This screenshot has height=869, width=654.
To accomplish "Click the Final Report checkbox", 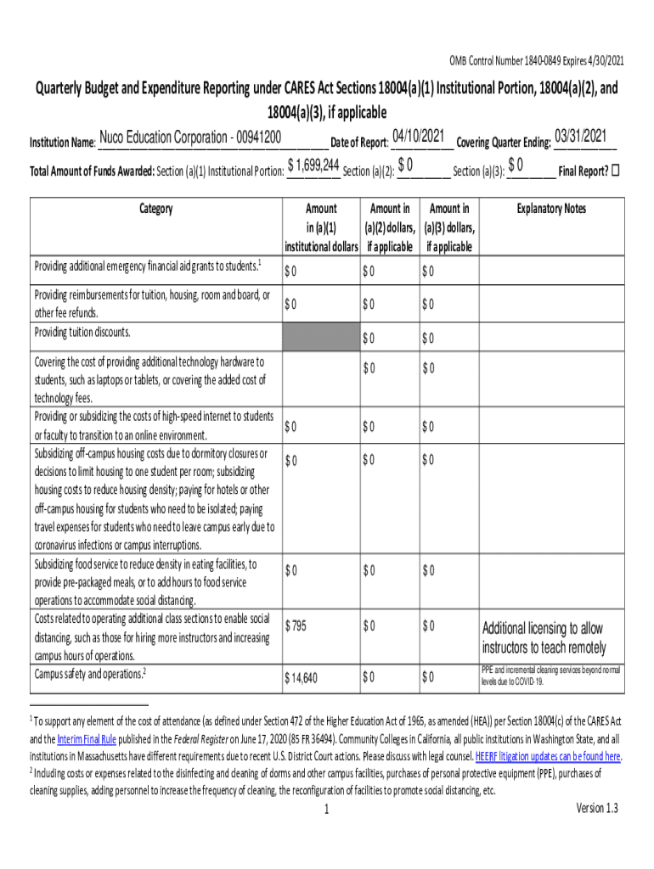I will [616, 169].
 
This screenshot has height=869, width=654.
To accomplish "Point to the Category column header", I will [155, 209].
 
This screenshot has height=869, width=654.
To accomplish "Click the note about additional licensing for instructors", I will [544, 638].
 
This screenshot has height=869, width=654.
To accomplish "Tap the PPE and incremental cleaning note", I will [550, 676].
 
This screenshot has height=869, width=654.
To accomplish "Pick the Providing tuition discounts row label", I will [82, 332].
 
